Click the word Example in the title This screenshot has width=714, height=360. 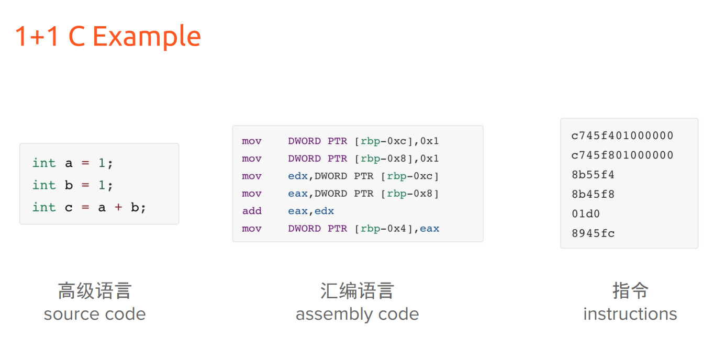(147, 37)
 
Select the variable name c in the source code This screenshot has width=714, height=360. (69, 208)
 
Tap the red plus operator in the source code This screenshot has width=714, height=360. (118, 207)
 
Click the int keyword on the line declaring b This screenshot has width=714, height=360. (44, 185)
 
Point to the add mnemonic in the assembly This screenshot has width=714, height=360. (252, 211)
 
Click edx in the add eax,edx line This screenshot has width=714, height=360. (324, 211)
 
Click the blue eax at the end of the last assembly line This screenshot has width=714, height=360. (429, 229)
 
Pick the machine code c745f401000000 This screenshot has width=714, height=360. (622, 136)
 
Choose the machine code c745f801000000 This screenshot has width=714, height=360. (622, 155)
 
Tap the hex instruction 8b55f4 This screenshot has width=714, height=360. (593, 175)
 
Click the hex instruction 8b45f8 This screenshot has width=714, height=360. (593, 194)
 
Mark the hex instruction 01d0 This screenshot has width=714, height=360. (586, 213)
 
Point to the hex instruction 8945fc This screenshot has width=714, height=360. (593, 233)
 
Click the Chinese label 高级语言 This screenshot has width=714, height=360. (94, 290)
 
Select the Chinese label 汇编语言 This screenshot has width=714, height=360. (357, 290)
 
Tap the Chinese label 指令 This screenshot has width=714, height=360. (630, 290)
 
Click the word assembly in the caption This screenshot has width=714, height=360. (334, 315)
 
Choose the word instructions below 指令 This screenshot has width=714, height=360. (630, 314)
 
